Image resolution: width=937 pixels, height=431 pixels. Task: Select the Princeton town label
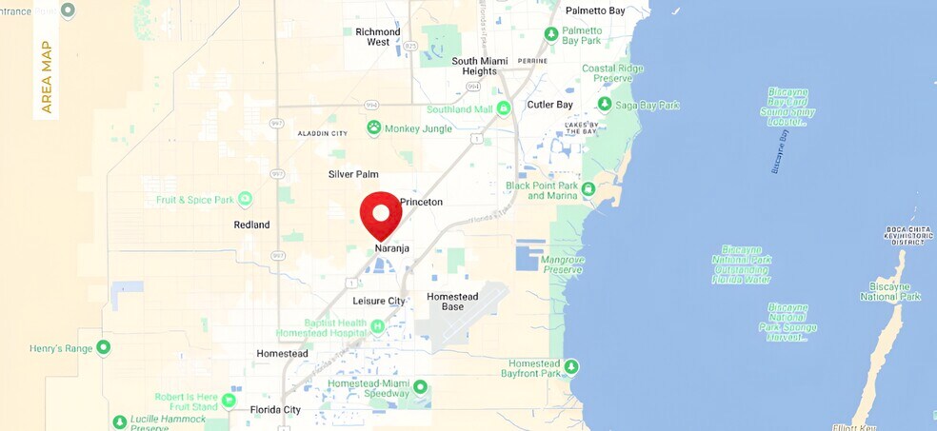(x=421, y=203)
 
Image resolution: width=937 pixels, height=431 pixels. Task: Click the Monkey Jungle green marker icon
(x=374, y=127)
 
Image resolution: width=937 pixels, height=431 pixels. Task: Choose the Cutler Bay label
(x=548, y=105)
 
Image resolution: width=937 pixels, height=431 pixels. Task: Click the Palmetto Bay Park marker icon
(x=551, y=34)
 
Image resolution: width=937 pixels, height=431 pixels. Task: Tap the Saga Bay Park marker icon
(x=604, y=104)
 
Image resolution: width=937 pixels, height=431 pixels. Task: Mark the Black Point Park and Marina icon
(x=588, y=189)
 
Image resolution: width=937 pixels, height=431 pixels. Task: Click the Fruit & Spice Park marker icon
(x=246, y=199)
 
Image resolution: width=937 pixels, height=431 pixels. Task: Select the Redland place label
(x=251, y=225)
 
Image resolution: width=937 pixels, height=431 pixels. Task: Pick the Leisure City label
(x=379, y=301)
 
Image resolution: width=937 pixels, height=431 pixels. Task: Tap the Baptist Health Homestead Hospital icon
(x=377, y=327)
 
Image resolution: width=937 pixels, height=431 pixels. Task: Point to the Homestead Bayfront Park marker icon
(x=571, y=365)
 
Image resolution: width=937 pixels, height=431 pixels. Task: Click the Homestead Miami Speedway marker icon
(x=420, y=388)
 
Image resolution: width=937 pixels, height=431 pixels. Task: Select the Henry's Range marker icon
(x=104, y=348)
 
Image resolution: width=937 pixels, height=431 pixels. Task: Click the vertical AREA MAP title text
(x=47, y=77)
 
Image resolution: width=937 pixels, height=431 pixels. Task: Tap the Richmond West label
(x=378, y=37)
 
